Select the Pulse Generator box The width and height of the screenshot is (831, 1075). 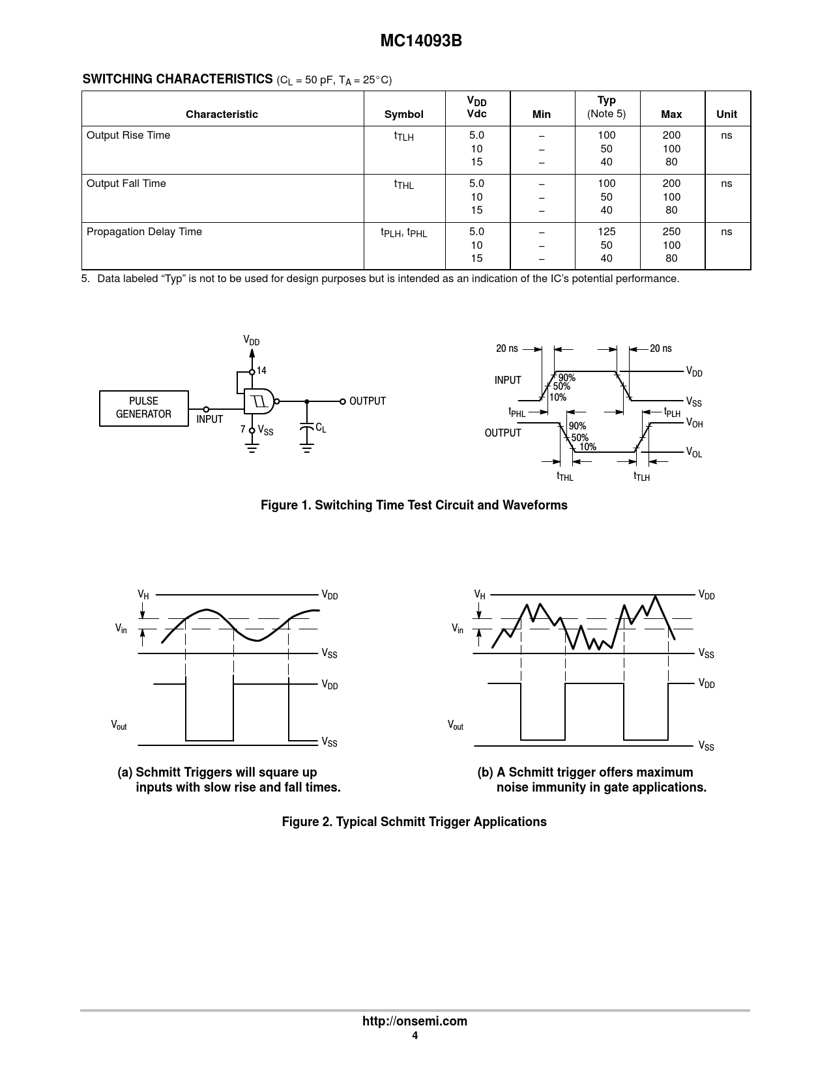coord(143,408)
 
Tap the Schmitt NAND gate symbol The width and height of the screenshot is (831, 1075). coord(259,401)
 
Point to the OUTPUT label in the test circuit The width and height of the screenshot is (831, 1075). coord(367,401)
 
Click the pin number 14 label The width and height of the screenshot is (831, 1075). coord(261,371)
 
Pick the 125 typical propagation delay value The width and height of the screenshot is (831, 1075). coord(606,232)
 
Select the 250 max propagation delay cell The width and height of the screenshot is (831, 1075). coord(671,232)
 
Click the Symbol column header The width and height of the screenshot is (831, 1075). coord(403,115)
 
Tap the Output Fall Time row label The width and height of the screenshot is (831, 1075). coord(126,184)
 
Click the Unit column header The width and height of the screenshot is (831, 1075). coord(726,115)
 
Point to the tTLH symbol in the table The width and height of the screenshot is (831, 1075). coord(403,136)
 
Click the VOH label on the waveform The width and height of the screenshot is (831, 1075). coord(694,423)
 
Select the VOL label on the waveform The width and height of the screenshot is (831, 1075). coord(694,452)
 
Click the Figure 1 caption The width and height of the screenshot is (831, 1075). coord(414,506)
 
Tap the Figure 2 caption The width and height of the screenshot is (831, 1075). coord(414,822)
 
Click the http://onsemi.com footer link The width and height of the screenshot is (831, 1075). coord(415,1021)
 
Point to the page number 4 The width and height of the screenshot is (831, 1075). coord(415,1036)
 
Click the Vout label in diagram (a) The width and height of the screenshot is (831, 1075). coord(119,725)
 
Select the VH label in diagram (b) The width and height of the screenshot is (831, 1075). coord(480,594)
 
